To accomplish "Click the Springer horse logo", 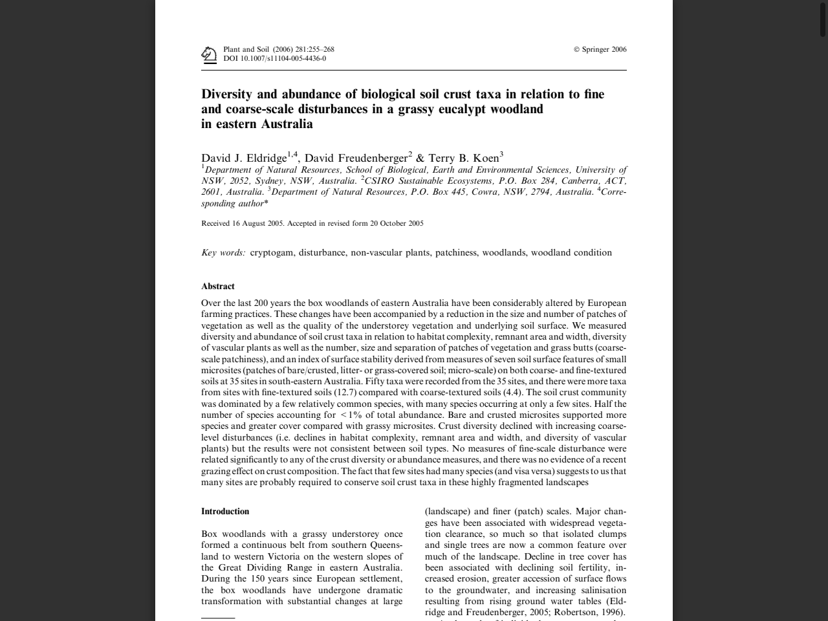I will (208, 54).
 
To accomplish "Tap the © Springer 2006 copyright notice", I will (600, 49).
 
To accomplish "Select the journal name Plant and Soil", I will (246, 49).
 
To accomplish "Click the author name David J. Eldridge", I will (244, 158).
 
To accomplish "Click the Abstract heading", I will (218, 287).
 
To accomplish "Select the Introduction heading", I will (225, 512).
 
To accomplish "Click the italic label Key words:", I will (223, 253).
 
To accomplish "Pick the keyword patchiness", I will (455, 253).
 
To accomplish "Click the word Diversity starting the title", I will (226, 94).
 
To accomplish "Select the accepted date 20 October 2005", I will (397, 224).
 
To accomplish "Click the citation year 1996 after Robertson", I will (613, 613).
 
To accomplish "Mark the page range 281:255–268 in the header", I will (314, 49).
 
